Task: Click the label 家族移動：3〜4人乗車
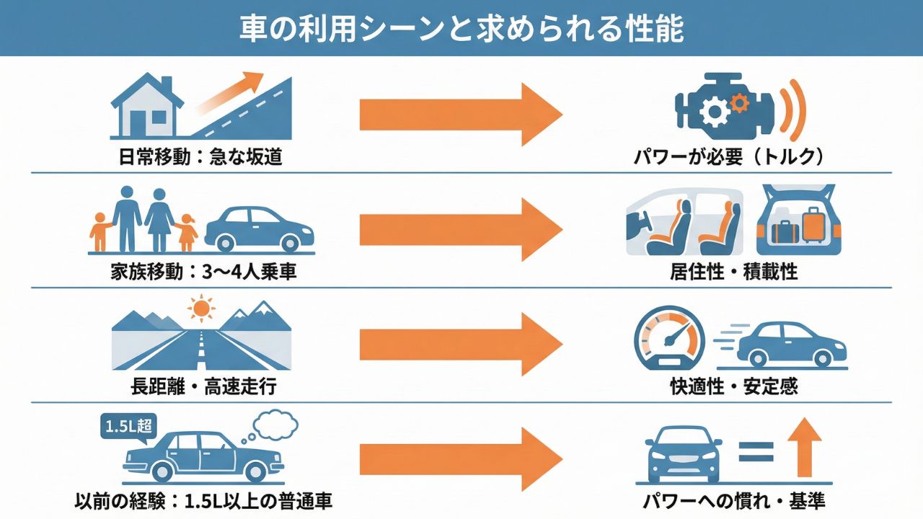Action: click(204, 272)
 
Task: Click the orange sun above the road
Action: click(201, 309)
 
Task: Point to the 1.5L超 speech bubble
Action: click(127, 425)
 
